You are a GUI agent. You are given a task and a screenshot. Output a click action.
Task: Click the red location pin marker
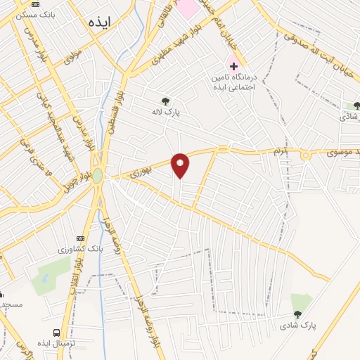click(181, 165)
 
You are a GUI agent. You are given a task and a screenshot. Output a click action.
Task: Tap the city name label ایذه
click(101, 22)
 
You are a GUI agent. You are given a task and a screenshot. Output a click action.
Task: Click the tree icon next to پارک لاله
click(166, 101)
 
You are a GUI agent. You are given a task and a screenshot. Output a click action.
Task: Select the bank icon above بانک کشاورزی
click(80, 238)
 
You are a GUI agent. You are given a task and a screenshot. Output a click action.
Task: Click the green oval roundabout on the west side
click(98, 176)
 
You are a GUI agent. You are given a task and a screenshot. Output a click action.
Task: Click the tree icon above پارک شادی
click(297, 315)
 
